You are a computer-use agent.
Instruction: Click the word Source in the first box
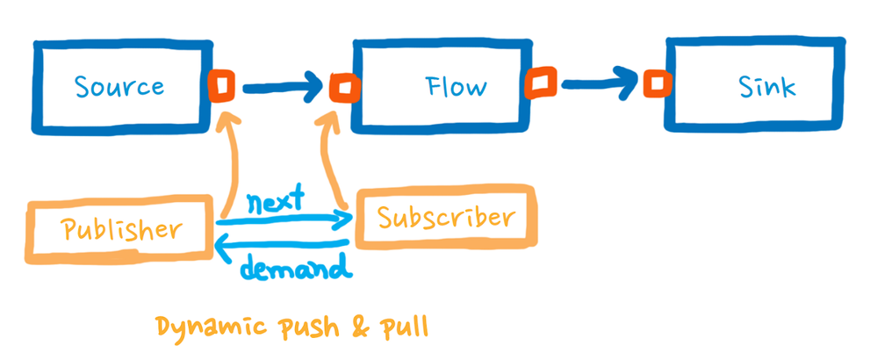click(x=119, y=87)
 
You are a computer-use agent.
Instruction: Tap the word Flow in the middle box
click(x=456, y=87)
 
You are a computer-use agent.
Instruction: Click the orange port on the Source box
click(x=221, y=85)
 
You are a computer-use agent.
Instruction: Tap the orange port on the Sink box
click(x=655, y=84)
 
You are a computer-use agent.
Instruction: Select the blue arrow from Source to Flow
click(x=281, y=87)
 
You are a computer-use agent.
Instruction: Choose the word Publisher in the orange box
click(x=122, y=230)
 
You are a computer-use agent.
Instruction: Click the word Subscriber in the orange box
click(x=442, y=216)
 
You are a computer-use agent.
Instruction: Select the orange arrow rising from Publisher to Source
click(x=230, y=162)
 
